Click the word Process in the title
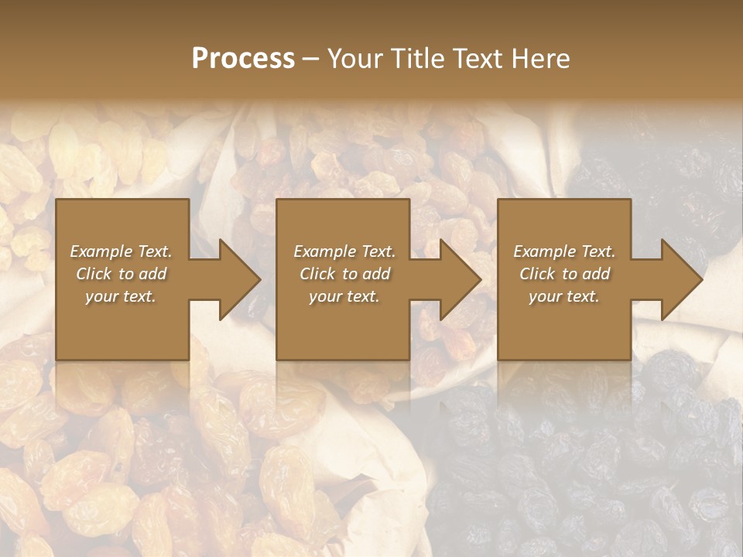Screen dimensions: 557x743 [243, 59]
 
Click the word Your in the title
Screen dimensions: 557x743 [354, 59]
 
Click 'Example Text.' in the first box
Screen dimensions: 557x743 [121, 251]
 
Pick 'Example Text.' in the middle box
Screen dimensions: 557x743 [344, 251]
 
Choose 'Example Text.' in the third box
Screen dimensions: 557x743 [564, 251]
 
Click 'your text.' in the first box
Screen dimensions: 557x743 [121, 296]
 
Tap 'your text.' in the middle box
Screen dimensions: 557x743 [344, 296]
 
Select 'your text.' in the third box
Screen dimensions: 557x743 [564, 296]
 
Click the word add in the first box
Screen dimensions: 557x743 [153, 274]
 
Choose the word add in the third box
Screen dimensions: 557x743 [597, 274]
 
